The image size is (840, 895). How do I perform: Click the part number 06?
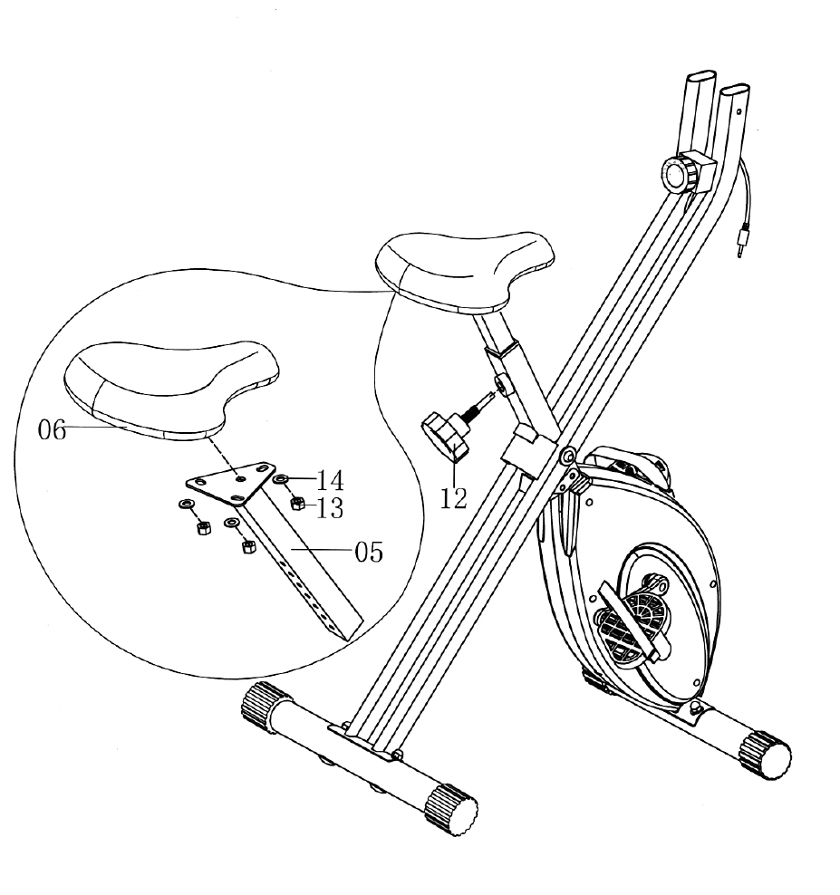[x=52, y=430]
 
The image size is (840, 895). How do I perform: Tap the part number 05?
[x=368, y=552]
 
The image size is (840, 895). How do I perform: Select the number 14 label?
[x=330, y=479]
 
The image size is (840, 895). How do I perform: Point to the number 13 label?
[x=330, y=508]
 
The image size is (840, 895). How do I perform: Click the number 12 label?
[x=453, y=497]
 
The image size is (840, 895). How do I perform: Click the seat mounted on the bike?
[x=463, y=268]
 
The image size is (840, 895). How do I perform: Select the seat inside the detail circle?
[x=171, y=386]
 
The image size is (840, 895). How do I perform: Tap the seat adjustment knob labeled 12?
[x=445, y=432]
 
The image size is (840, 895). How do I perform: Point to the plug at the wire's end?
[x=741, y=244]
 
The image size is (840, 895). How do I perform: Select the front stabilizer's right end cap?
[x=451, y=809]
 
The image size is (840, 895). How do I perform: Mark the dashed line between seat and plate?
[x=224, y=452]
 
